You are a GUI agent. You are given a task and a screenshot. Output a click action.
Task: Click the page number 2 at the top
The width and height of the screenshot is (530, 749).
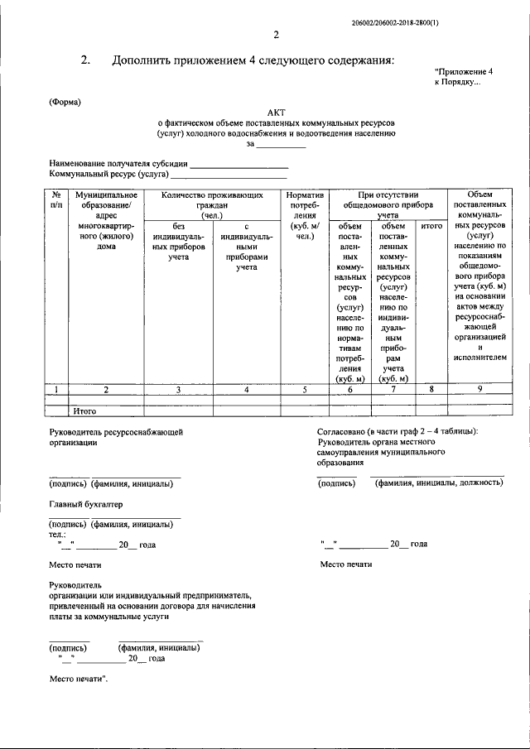coord(277,34)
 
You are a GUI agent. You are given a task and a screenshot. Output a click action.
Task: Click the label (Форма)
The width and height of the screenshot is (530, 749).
coord(65,102)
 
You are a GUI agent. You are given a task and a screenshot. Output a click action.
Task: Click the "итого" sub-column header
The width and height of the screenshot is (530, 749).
coord(431,225)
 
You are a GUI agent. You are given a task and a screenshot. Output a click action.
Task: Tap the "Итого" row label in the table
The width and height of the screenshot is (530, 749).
coord(86,410)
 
